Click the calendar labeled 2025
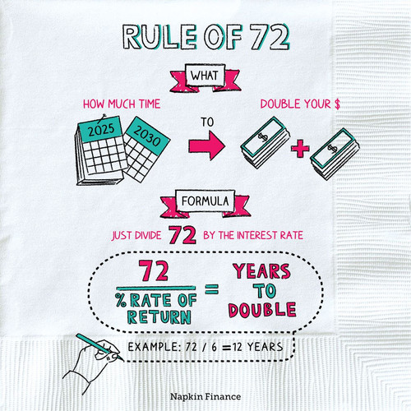(100, 150)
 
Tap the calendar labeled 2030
(145, 150)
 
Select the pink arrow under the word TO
(207, 145)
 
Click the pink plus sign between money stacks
(300, 148)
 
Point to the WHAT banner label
(205, 76)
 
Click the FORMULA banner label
(205, 201)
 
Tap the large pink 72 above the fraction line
(154, 270)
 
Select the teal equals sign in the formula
(212, 289)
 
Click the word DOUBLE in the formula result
(262, 310)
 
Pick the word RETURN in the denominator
(159, 317)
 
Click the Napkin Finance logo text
(205, 396)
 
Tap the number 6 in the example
(214, 347)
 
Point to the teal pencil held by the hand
(99, 347)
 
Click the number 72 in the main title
(270, 38)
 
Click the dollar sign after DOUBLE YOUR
(337, 104)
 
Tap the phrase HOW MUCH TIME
(122, 104)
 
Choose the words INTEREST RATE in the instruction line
(270, 235)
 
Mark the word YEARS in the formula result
(261, 271)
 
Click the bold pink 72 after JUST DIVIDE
(182, 235)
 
